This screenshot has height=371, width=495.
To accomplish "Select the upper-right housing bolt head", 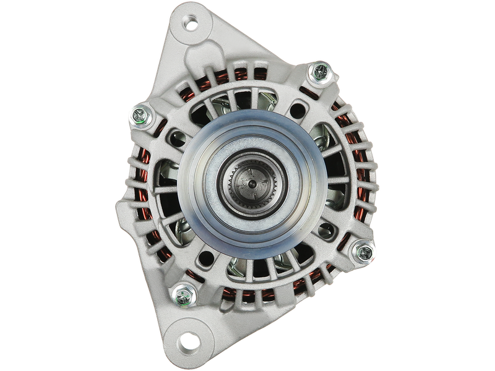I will [321, 72].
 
